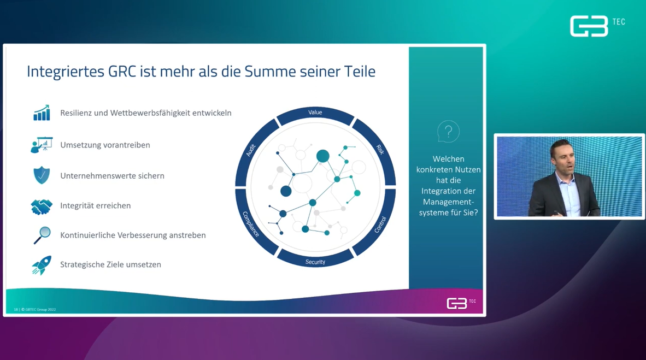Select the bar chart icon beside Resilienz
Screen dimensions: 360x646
(x=42, y=113)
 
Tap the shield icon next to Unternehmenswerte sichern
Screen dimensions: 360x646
(x=42, y=175)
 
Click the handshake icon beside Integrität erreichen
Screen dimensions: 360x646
(x=42, y=206)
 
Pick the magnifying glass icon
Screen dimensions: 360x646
(x=42, y=235)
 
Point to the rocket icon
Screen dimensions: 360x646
(x=42, y=265)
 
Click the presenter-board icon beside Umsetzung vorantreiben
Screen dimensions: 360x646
(x=42, y=145)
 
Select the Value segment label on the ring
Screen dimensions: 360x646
(x=315, y=113)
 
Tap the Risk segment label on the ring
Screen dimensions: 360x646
(x=380, y=149)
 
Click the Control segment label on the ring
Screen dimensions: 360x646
(x=380, y=225)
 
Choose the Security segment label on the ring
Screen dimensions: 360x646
(x=315, y=262)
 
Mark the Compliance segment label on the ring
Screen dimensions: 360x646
(x=250, y=223)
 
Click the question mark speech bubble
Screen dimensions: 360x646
(x=448, y=132)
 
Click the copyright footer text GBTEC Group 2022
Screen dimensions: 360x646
(x=39, y=310)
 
